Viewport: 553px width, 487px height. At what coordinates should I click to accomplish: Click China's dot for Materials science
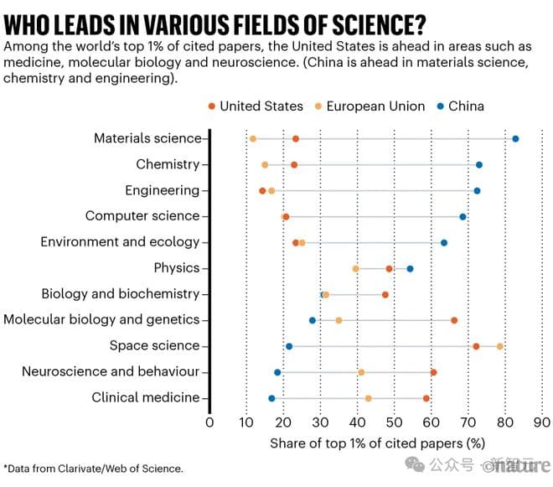[515, 139]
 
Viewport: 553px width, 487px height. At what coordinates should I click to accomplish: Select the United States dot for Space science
[476, 346]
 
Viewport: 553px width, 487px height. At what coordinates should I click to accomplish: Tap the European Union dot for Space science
[500, 346]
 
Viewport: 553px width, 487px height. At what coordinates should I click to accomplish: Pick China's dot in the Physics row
[410, 268]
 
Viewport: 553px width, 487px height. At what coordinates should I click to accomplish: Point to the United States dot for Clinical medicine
[426, 398]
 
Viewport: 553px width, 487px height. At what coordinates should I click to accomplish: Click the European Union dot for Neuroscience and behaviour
[361, 372]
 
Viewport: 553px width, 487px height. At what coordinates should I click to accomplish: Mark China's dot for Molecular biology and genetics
[313, 320]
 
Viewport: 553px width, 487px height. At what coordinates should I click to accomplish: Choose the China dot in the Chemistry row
[479, 165]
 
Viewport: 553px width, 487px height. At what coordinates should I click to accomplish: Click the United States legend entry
[255, 106]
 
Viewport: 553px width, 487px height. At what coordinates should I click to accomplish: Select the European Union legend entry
[372, 106]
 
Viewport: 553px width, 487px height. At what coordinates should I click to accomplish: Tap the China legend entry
[460, 106]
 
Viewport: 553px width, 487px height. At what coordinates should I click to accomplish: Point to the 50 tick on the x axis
[394, 422]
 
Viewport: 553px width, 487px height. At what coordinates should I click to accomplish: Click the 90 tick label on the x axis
[541, 422]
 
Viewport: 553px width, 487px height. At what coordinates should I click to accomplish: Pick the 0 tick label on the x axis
[209, 422]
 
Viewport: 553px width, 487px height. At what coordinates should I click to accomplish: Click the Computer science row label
[142, 216]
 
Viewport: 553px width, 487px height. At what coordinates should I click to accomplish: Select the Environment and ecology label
[120, 242]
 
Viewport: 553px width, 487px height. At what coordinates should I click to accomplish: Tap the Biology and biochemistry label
[121, 294]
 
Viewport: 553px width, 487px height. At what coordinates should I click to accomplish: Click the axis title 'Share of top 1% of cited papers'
[378, 443]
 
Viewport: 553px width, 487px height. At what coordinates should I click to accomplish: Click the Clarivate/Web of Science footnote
[93, 469]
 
